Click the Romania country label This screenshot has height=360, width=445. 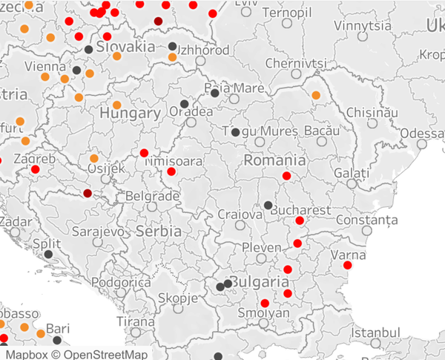pos(274,160)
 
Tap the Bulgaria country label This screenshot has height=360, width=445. pos(258,283)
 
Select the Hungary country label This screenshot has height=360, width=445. pos(130,114)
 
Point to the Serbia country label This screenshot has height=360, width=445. pos(159,232)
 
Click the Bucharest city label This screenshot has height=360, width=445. pos(300,210)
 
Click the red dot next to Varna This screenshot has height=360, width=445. pos(348,265)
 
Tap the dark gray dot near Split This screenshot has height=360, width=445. pos(48,255)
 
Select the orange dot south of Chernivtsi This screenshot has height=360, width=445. pos(317,95)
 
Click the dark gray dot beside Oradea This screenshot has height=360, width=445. pos(184,104)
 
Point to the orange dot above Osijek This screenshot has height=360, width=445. pos(94,158)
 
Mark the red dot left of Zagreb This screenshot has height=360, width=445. pos(35,169)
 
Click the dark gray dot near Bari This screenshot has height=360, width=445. pos(57,340)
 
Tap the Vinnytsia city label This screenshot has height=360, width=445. pos(363,25)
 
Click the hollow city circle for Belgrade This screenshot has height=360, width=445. pos(153,207)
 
